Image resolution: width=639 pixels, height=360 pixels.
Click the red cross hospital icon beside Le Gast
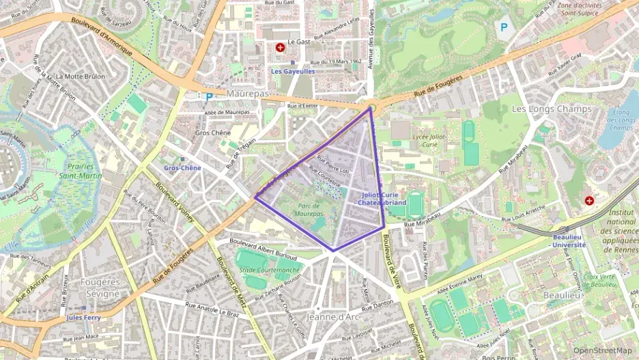280,47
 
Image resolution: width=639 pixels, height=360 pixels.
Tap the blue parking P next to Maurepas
209,96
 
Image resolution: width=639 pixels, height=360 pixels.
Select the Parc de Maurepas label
309,210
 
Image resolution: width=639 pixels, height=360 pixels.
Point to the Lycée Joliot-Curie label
434,140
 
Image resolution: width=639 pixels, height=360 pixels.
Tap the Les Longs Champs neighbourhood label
542,109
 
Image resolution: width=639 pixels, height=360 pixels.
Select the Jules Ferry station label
83,318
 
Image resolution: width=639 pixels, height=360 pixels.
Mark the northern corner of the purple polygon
371,107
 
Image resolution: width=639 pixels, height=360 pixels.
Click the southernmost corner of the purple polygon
333,251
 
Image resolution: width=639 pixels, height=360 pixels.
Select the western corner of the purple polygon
255,197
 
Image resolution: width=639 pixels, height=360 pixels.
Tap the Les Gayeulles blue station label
293,71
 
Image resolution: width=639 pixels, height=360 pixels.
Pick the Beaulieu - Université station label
567,240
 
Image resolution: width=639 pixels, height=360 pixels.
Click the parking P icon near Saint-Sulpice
504,27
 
